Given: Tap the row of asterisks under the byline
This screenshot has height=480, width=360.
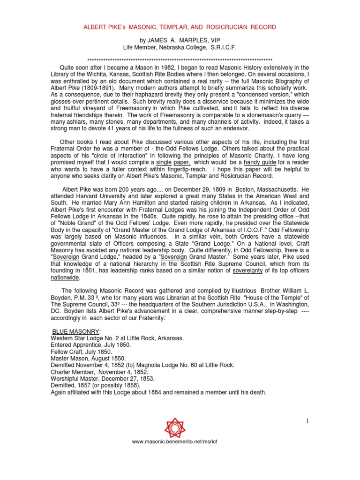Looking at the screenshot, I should [x=180, y=61].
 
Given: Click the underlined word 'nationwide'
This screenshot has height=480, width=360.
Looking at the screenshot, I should [x=65, y=277].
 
